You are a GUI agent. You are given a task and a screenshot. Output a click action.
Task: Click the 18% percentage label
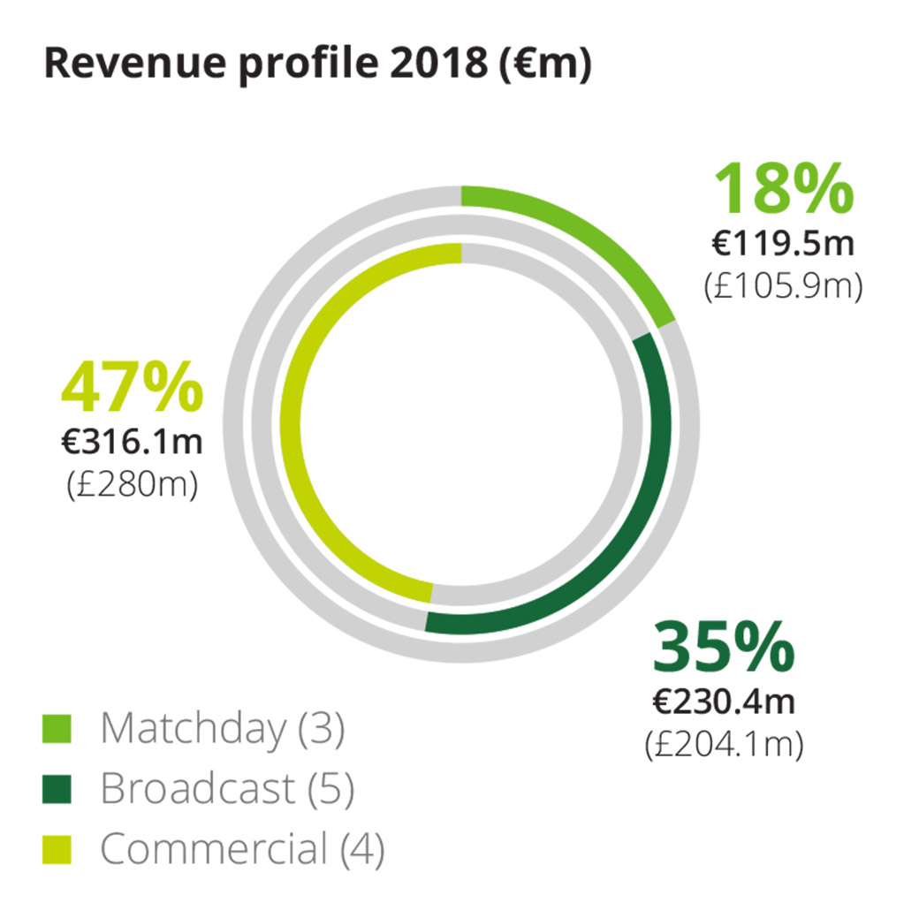click(x=784, y=189)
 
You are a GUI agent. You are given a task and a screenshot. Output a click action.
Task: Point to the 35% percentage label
click(x=724, y=647)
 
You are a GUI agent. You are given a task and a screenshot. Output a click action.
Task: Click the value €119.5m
click(x=783, y=244)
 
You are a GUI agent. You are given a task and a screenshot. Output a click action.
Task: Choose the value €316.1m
click(x=132, y=442)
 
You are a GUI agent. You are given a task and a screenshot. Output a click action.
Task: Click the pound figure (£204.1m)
click(x=724, y=745)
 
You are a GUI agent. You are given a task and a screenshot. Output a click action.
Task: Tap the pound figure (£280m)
click(x=132, y=485)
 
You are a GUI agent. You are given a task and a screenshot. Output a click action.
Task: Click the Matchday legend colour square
click(x=57, y=729)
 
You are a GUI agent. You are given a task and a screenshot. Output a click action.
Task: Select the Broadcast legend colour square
click(x=57, y=789)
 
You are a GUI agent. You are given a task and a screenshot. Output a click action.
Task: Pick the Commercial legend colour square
click(x=57, y=850)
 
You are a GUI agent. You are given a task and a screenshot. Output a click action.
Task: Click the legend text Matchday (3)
click(x=222, y=729)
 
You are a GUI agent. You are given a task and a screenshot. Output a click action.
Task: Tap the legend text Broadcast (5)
click(x=227, y=789)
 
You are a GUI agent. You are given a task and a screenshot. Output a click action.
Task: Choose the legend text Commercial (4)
click(x=242, y=850)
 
